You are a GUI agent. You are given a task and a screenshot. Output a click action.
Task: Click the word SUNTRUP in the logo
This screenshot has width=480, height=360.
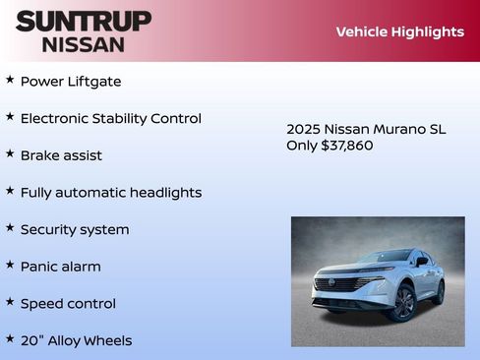pyautogui.click(x=84, y=21)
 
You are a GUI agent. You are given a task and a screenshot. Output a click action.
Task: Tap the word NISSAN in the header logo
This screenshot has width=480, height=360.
pyautogui.click(x=84, y=44)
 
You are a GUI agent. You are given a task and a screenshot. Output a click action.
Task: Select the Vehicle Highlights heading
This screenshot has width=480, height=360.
pyautogui.click(x=399, y=31)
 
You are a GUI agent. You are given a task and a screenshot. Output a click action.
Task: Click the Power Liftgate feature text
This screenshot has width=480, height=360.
pyautogui.click(x=71, y=81)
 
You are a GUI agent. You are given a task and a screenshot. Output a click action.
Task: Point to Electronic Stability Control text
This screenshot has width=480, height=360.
pyautogui.click(x=110, y=118)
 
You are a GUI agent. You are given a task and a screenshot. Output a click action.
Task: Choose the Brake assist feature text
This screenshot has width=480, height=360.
pyautogui.click(x=61, y=155)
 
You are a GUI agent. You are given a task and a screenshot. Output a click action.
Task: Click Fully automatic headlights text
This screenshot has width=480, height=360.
pyautogui.click(x=110, y=193)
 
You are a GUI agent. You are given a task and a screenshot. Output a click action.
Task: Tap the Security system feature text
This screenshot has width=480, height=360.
pyautogui.click(x=75, y=229)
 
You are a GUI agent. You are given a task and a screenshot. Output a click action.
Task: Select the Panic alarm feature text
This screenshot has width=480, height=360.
pyautogui.click(x=60, y=267)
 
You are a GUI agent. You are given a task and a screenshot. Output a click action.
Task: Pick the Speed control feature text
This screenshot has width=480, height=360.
pyautogui.click(x=68, y=304)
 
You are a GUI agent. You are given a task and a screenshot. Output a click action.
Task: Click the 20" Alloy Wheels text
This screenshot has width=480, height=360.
pyautogui.click(x=76, y=340)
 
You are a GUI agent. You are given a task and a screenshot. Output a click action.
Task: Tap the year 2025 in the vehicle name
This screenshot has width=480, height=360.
pyautogui.click(x=303, y=129)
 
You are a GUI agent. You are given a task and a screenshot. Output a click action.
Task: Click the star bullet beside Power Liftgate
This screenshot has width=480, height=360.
pyautogui.click(x=10, y=79)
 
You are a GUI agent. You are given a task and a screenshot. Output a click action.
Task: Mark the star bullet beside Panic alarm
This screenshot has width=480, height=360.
pyautogui.click(x=10, y=265)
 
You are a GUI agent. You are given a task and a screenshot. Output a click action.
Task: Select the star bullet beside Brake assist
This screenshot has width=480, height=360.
pyautogui.click(x=10, y=153)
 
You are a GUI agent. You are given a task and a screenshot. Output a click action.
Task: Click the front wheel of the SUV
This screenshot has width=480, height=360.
pyautogui.click(x=403, y=303)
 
